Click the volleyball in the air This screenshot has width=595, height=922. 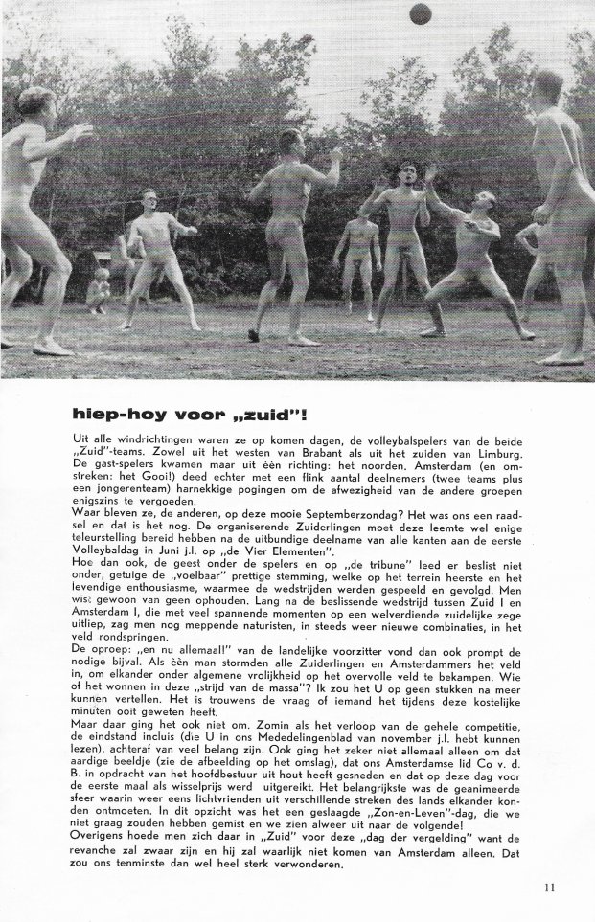pos(419,13)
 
